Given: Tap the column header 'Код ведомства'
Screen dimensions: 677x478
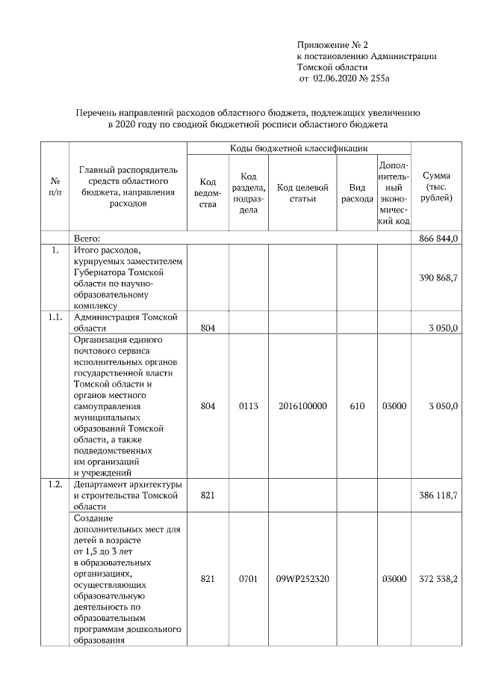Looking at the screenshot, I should [x=208, y=192].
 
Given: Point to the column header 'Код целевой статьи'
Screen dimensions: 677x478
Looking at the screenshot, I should [x=302, y=192].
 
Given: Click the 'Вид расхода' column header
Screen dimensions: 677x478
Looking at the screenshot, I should [x=357, y=193].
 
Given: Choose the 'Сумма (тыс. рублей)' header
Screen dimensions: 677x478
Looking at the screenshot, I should [x=436, y=187].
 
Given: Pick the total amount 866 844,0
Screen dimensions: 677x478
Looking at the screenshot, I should [x=440, y=238].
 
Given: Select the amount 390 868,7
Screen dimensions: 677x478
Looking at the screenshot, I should [x=440, y=277].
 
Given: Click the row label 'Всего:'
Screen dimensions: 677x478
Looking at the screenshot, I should [x=87, y=238].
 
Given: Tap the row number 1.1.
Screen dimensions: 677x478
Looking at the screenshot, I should [x=55, y=318].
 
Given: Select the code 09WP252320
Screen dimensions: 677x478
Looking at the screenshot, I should [x=302, y=578].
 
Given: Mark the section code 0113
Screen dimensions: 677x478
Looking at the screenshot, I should [x=248, y=406].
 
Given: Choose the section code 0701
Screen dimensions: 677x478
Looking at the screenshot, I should [x=248, y=578].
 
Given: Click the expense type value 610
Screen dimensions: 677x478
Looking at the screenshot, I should [x=357, y=406].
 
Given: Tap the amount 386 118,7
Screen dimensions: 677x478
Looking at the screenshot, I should [x=440, y=495].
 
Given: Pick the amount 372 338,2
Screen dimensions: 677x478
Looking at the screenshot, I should [x=440, y=578].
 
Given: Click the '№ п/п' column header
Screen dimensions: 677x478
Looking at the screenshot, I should [x=55, y=187].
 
